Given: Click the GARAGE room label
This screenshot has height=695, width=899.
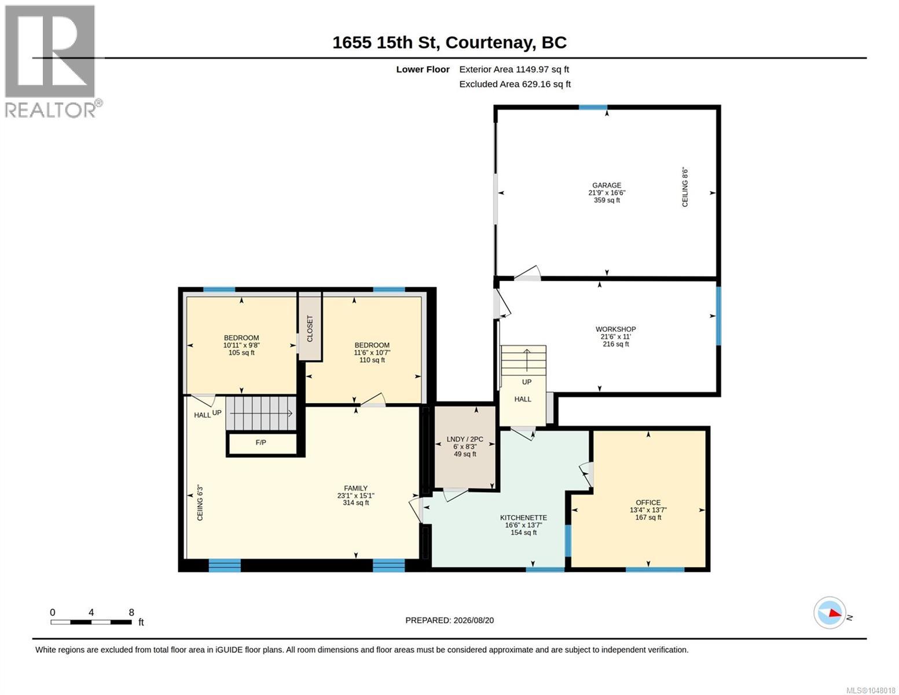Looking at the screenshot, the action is pos(607,185).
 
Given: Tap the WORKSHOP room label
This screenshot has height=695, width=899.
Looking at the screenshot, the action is pos(615,329).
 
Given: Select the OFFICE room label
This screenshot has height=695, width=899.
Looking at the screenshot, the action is pos(648,503).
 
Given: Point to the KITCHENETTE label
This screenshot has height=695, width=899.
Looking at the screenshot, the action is pos(523,517).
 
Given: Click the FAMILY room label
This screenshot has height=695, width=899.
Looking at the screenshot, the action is pos(356,488).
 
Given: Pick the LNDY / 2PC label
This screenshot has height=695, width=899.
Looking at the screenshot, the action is pos(465,439).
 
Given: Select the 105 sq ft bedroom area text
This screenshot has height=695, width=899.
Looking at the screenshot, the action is pos(241,353).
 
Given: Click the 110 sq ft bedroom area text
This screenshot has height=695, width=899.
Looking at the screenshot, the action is pos(372,360).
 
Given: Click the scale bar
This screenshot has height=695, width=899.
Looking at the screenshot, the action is pos(91,621).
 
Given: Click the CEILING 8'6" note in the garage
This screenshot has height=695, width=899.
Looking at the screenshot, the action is pos(685,187).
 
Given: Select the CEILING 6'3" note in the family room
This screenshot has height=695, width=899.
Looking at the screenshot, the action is pos(200,503).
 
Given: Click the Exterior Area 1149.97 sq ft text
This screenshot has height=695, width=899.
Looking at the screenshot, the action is pos(514,69).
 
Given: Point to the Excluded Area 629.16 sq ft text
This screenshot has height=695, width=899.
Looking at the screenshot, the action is pos(515,84).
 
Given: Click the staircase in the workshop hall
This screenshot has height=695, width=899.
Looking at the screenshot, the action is pos(523,360).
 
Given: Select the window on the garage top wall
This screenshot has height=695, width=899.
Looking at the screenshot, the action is pos(592,108).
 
